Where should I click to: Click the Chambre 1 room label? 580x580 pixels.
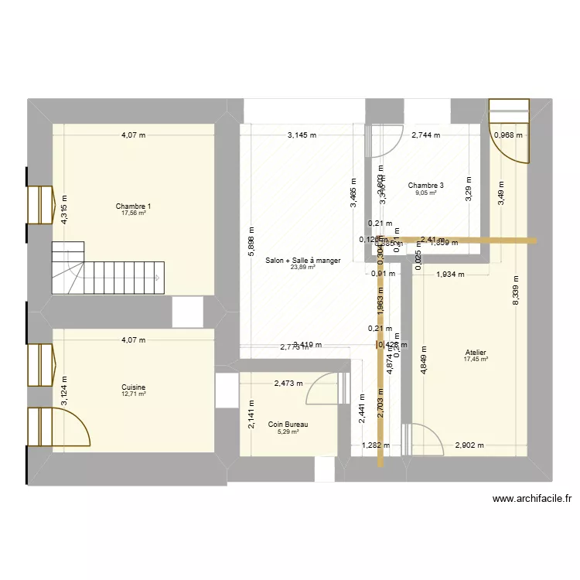point(133,206)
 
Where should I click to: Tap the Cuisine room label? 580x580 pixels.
point(133,387)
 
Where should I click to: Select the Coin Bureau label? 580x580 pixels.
point(288,425)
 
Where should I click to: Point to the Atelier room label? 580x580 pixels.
point(475,352)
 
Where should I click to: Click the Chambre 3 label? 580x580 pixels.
point(425,186)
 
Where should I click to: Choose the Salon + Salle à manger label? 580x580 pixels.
point(302,261)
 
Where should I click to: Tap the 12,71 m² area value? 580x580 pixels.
point(133,394)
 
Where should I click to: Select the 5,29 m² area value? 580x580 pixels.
point(288,432)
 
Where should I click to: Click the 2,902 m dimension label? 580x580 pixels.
point(469,445)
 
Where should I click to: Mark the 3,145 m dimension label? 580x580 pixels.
point(302,135)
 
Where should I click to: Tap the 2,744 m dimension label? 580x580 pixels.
point(425,135)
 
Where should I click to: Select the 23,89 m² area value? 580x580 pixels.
point(302,268)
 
